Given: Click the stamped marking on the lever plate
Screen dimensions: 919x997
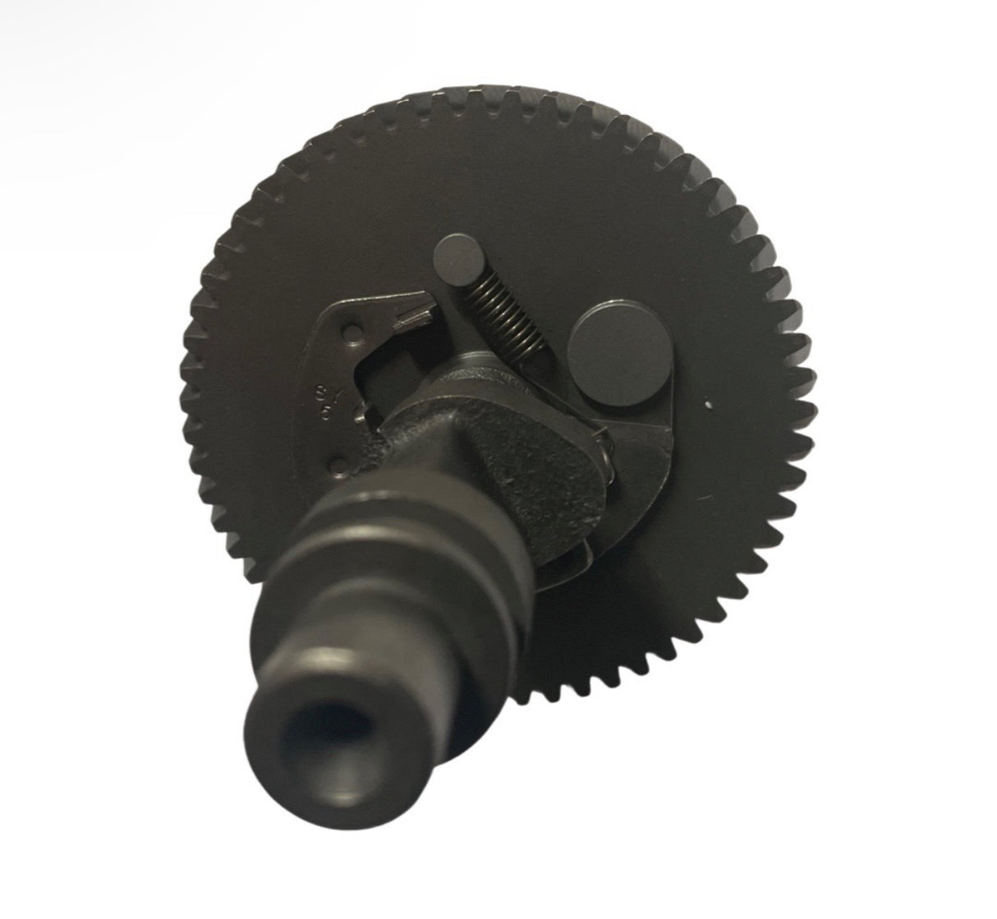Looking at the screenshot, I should pyautogui.click(x=323, y=401).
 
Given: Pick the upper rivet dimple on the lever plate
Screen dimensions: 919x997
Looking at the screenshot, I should pyautogui.click(x=352, y=333).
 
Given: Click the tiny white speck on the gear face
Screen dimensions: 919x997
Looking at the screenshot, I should pyautogui.click(x=707, y=404).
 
